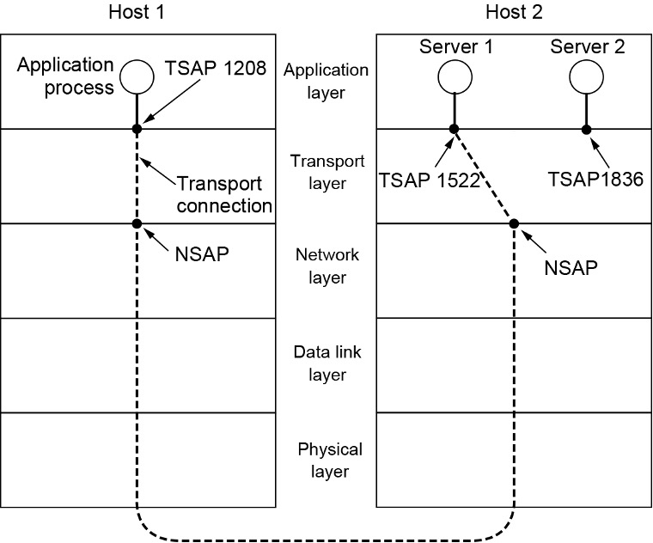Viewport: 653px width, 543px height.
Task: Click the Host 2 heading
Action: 515,12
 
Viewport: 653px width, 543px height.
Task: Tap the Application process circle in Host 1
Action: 137,76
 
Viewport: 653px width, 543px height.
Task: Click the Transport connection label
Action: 224,194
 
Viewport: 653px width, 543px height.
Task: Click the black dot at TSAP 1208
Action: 137,129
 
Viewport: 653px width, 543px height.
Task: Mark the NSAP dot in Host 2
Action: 514,223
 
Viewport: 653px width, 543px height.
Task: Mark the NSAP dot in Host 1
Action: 137,223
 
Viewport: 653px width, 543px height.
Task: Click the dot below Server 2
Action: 586,129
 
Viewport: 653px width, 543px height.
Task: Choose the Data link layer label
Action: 326,365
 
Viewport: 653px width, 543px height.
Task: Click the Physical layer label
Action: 330,460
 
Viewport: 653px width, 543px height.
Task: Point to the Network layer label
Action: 326,266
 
